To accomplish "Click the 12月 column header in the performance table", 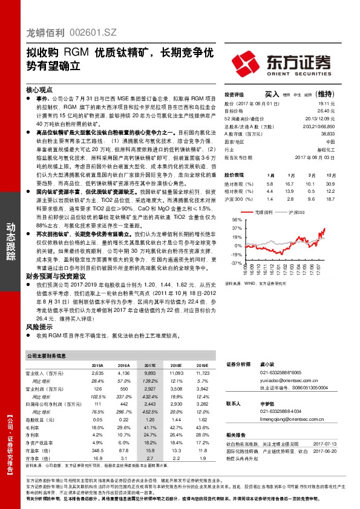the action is click(x=330, y=174).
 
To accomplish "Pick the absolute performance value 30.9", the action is click(x=330, y=183).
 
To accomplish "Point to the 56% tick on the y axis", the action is click(x=235, y=220).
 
